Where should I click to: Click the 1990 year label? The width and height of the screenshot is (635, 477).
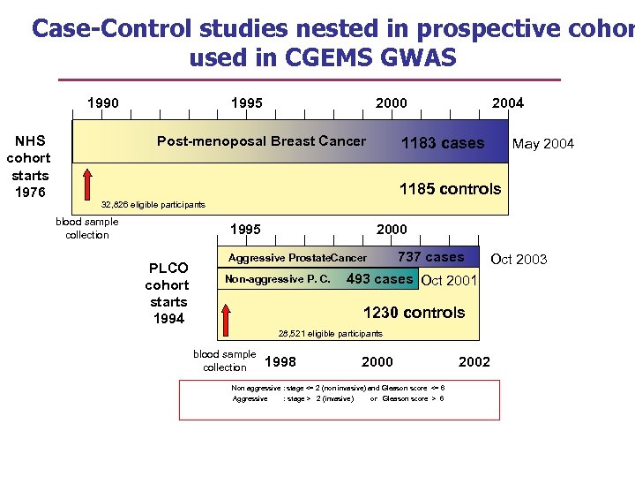point(102,102)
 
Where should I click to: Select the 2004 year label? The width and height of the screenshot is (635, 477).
point(507,102)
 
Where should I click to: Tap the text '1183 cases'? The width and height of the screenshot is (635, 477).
point(442,143)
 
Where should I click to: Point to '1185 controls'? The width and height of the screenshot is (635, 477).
point(450,188)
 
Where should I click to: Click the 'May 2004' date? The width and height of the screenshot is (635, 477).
point(543,144)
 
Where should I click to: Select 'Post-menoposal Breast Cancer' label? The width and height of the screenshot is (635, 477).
point(261,141)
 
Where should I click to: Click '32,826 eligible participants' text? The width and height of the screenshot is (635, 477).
point(154,205)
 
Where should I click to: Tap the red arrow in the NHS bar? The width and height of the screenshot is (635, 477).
point(86,185)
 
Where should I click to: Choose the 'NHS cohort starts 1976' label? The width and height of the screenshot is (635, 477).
point(28,166)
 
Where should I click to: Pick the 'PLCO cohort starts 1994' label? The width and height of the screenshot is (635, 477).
point(168,293)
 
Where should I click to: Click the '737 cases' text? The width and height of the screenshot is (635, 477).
point(431,257)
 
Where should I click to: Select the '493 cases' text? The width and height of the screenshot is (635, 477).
point(379,279)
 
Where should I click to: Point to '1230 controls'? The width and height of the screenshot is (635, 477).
point(414,313)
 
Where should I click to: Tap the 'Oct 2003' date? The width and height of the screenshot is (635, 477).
point(519,259)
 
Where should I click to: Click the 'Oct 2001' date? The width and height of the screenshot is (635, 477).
point(450,281)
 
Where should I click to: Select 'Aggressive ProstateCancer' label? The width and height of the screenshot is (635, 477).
point(297,258)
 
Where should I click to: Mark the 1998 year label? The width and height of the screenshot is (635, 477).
point(280,361)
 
